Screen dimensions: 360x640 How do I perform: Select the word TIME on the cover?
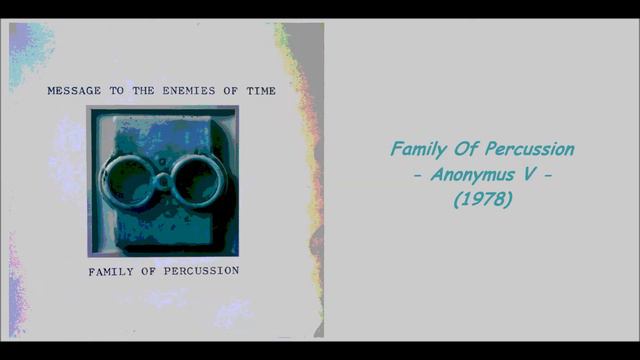(258, 91)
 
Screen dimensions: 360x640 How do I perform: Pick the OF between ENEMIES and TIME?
(227, 91)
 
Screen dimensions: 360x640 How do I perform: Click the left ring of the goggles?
(127, 179)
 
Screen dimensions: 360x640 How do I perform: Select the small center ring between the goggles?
(162, 181)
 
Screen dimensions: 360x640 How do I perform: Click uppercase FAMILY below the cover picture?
(113, 271)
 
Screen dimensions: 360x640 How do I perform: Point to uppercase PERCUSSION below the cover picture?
(201, 271)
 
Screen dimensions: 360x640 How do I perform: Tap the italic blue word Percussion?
(529, 150)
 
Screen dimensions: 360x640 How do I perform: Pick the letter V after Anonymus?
(531, 175)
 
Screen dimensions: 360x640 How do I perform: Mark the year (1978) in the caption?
(483, 200)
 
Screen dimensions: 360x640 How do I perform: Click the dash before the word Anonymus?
(420, 176)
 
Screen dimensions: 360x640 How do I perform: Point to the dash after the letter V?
(549, 176)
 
